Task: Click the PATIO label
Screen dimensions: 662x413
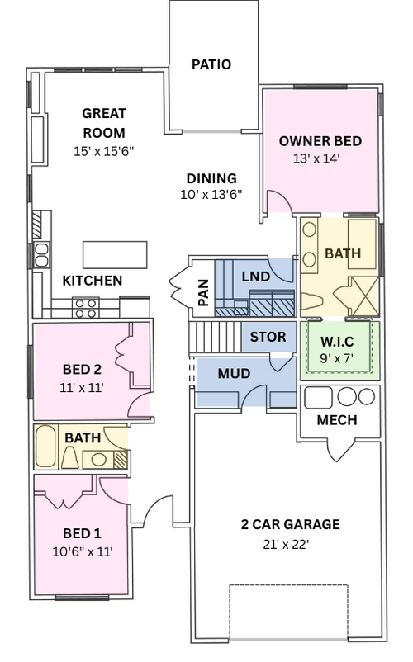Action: [211, 64]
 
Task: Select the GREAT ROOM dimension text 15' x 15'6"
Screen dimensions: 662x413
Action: [103, 151]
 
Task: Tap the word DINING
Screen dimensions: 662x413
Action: [211, 178]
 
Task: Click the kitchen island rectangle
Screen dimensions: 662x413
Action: [115, 253]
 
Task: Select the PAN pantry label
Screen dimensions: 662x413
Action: [203, 292]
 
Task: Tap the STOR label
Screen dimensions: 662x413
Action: [268, 337]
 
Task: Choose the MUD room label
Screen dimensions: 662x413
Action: [234, 373]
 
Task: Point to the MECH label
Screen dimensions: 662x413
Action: [337, 420]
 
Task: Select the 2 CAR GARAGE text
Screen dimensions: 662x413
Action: [290, 524]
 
